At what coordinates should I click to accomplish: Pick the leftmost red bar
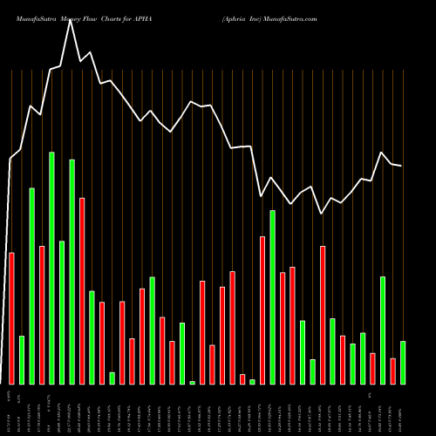point(11,317)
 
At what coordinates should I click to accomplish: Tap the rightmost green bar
point(403,362)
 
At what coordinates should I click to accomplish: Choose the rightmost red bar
point(392,371)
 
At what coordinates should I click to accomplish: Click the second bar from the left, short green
point(22,359)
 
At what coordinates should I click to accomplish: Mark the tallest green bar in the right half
point(272,296)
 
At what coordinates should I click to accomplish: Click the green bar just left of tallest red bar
point(72,271)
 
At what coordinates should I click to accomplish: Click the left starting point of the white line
point(10,159)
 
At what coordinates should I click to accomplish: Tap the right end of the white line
point(401,166)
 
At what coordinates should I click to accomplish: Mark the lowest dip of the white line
point(322,213)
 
